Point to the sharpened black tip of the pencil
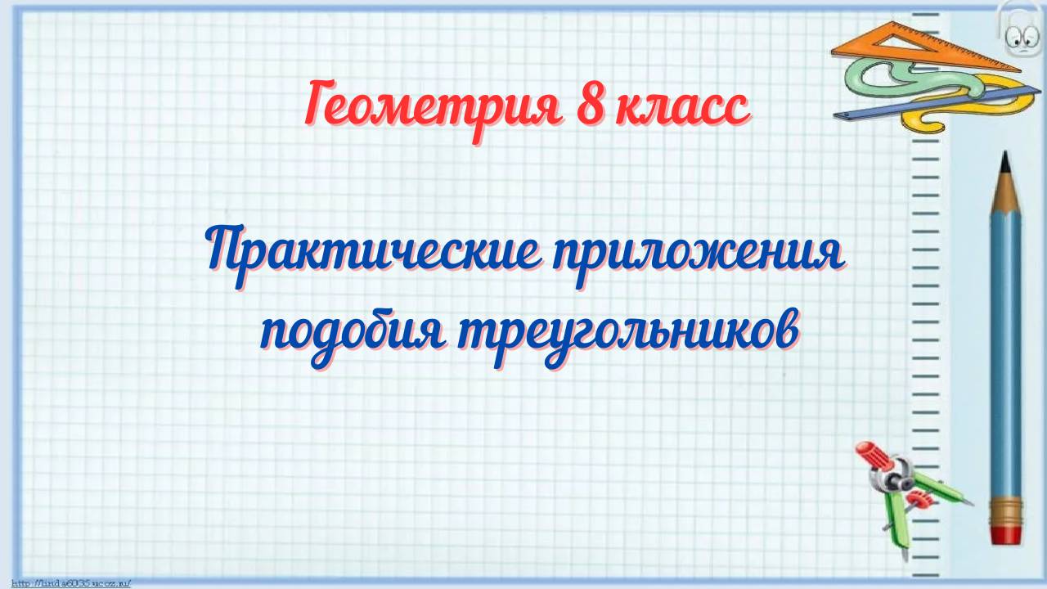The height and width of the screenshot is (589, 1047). coord(1005,159)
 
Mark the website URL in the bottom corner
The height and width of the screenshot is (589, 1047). coord(70,583)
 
